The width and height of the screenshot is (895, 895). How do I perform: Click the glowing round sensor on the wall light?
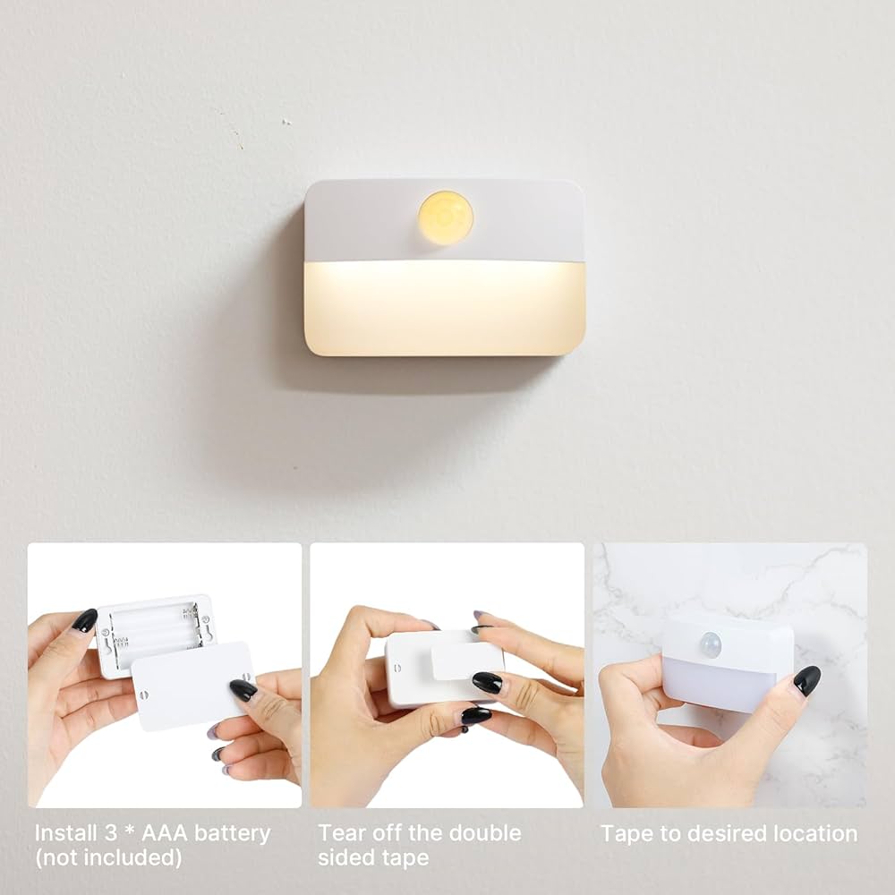[x=445, y=217]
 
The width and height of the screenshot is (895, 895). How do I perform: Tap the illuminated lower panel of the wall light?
[x=444, y=308]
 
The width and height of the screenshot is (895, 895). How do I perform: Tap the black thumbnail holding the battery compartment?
[x=84, y=620]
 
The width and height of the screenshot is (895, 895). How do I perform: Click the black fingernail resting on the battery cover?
[x=243, y=689]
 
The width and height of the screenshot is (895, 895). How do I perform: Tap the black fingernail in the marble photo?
[x=806, y=680]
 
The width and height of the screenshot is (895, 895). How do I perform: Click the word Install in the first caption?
[x=66, y=833]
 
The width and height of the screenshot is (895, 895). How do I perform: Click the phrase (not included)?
[x=108, y=857]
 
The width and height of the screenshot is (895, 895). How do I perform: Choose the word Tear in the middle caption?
[x=340, y=833]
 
